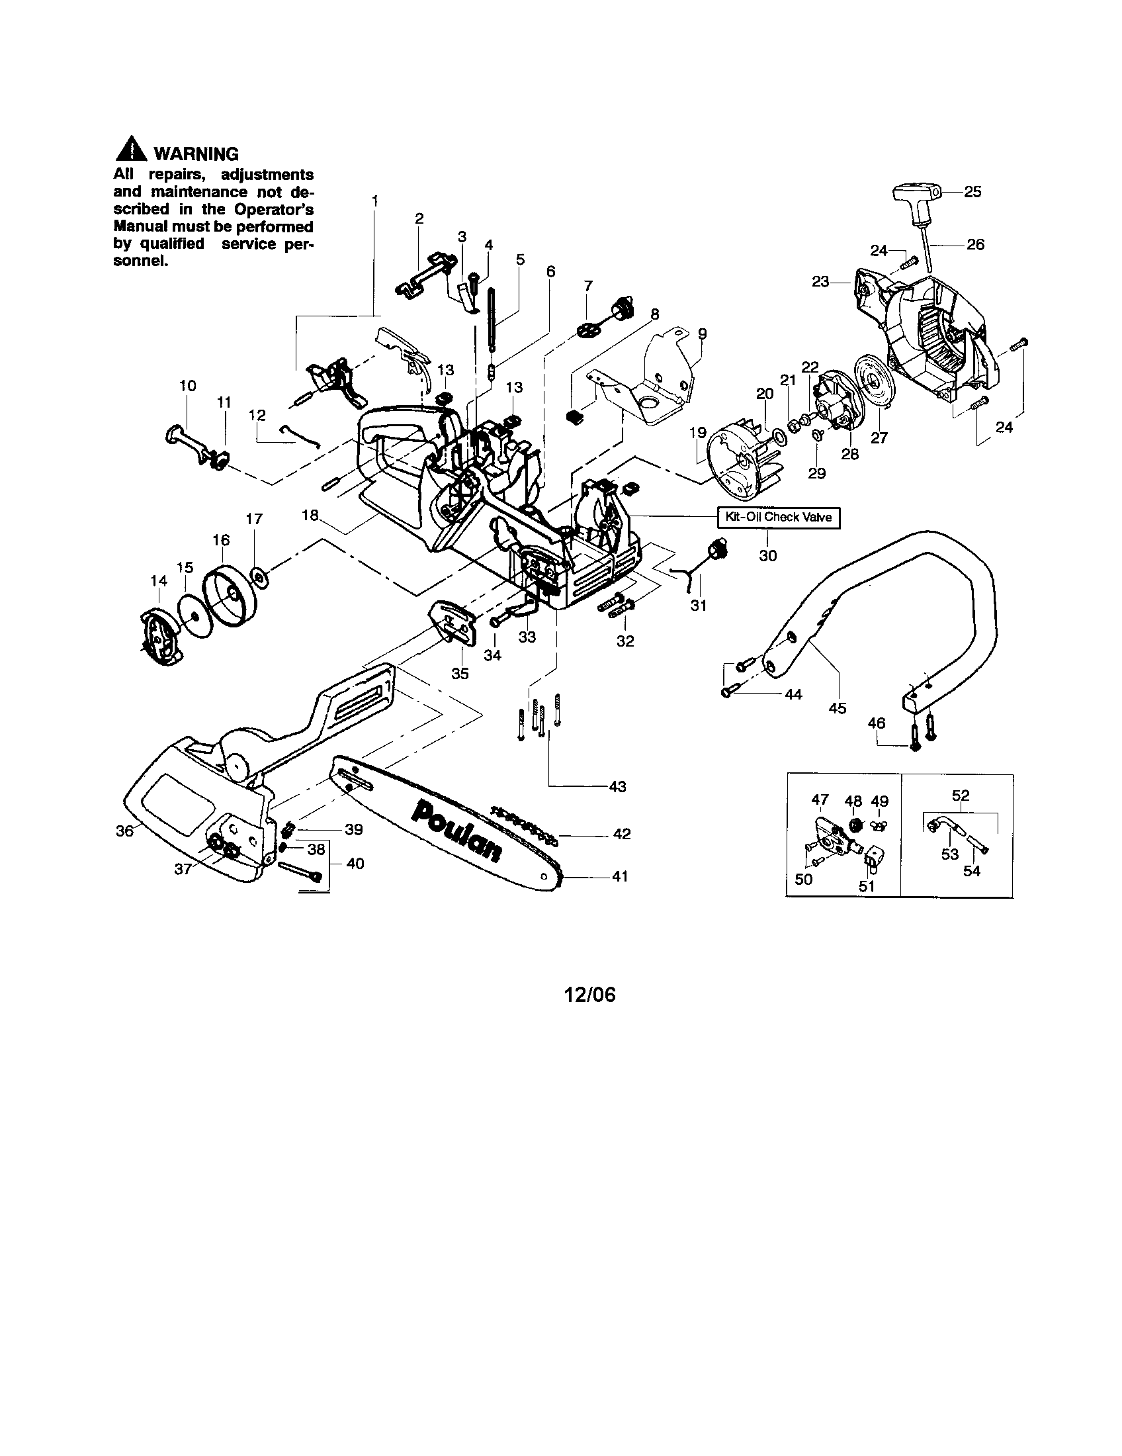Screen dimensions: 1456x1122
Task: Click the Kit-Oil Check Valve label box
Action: [778, 518]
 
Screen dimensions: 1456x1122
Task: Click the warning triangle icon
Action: [131, 151]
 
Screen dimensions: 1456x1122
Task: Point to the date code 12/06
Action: [589, 995]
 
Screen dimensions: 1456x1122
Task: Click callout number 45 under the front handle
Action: [837, 708]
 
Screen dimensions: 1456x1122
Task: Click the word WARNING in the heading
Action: [196, 154]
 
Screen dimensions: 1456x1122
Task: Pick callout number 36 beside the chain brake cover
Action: [125, 831]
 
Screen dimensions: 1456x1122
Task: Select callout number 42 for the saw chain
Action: [621, 834]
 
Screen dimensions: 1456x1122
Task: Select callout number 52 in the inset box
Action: [960, 796]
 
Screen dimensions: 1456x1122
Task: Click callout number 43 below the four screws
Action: [617, 787]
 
